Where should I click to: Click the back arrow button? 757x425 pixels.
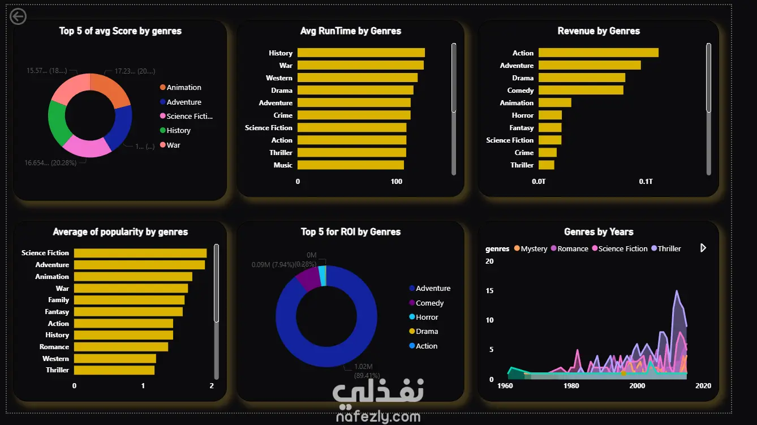point(18,17)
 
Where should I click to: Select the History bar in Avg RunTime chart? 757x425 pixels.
point(361,53)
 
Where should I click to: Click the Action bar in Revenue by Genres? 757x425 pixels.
point(598,53)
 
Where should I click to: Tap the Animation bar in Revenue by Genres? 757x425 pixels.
point(554,103)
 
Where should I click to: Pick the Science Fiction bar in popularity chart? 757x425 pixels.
point(140,253)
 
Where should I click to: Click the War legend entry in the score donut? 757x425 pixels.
point(173,145)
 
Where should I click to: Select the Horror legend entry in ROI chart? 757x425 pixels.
point(427,317)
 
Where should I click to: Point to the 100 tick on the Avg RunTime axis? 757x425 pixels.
point(397,182)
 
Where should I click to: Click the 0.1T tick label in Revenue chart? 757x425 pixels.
point(646,182)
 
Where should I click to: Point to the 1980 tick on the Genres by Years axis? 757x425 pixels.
point(571,386)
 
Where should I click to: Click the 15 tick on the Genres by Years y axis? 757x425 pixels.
point(489,291)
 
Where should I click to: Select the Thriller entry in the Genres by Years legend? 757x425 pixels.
point(669,249)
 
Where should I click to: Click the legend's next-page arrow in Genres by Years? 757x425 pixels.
point(703,248)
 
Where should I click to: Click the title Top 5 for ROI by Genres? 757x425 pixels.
point(351,232)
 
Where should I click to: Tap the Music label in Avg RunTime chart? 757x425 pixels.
point(283,165)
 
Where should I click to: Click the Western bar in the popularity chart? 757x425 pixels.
point(115,359)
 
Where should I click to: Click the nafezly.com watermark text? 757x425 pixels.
point(378,418)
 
